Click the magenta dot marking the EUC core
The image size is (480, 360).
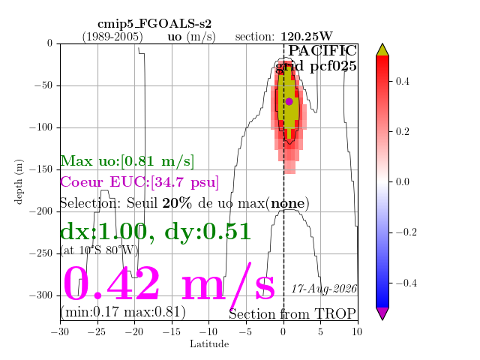289,101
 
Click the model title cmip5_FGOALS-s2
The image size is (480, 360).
154,24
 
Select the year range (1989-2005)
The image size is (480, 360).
112,37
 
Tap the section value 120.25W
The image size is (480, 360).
307,37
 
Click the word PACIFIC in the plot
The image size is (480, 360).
322,51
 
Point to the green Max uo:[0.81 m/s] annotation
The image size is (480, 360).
127,161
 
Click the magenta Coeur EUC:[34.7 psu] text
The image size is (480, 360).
139,182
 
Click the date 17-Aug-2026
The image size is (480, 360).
324,289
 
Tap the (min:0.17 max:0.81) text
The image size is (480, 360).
123,312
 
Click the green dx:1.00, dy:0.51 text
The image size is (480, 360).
155,232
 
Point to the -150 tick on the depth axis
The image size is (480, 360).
40,169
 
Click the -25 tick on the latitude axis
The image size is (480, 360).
97,331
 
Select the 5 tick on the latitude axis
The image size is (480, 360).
320,331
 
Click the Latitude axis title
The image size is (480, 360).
209,343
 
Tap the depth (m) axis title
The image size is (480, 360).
18,181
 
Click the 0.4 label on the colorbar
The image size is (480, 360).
403,82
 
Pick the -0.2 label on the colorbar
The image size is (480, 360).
406,232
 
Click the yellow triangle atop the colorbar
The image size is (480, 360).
382,49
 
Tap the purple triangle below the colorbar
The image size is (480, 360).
382,313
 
